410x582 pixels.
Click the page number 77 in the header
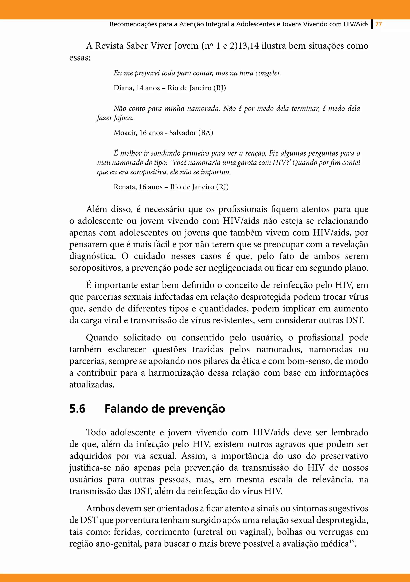(379, 24)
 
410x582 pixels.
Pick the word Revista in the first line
(110, 46)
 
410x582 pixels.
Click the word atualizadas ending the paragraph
(92, 385)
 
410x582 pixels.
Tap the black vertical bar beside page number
(372, 24)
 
